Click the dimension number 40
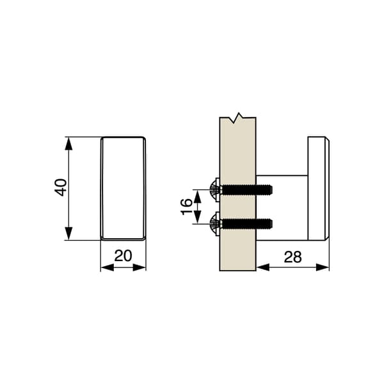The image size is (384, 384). pos(60,188)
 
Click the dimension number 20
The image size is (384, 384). pos(123,255)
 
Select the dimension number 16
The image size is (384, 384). pos(187,207)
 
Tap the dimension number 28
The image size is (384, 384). pos(292,257)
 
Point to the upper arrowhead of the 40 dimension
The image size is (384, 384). pos(69,143)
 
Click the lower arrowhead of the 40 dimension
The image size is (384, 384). pos(69,234)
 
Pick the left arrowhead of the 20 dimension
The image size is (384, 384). pos(108,268)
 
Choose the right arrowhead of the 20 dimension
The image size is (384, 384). pos(140,268)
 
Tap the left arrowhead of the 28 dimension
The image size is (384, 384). pos(263,268)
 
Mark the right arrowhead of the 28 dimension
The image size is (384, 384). pos(323,268)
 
